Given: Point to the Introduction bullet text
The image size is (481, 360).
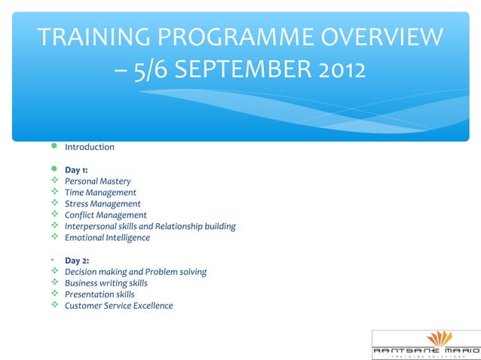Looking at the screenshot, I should (x=89, y=147).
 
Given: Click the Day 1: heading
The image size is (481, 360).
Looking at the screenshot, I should (x=76, y=169).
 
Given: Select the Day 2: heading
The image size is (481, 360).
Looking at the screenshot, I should (x=76, y=261).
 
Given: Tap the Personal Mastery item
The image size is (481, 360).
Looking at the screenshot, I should (x=97, y=182).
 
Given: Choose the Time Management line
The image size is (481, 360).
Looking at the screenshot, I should (x=100, y=193).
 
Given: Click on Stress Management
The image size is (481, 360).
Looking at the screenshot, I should (x=103, y=204).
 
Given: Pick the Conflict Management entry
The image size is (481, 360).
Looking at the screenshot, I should (x=106, y=215).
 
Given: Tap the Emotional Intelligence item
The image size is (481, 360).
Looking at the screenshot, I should (x=107, y=238).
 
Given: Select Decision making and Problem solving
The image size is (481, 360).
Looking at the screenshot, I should (x=136, y=272).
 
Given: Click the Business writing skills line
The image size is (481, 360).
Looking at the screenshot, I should (x=106, y=283).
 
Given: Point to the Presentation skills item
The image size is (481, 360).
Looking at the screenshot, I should (x=100, y=294).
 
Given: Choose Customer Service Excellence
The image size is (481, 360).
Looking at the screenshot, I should (x=118, y=306).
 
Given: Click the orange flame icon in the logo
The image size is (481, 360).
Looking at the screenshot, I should (x=438, y=338).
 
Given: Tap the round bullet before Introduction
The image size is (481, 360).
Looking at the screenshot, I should (x=54, y=147).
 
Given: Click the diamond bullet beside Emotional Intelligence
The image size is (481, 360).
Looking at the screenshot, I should (x=54, y=238).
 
